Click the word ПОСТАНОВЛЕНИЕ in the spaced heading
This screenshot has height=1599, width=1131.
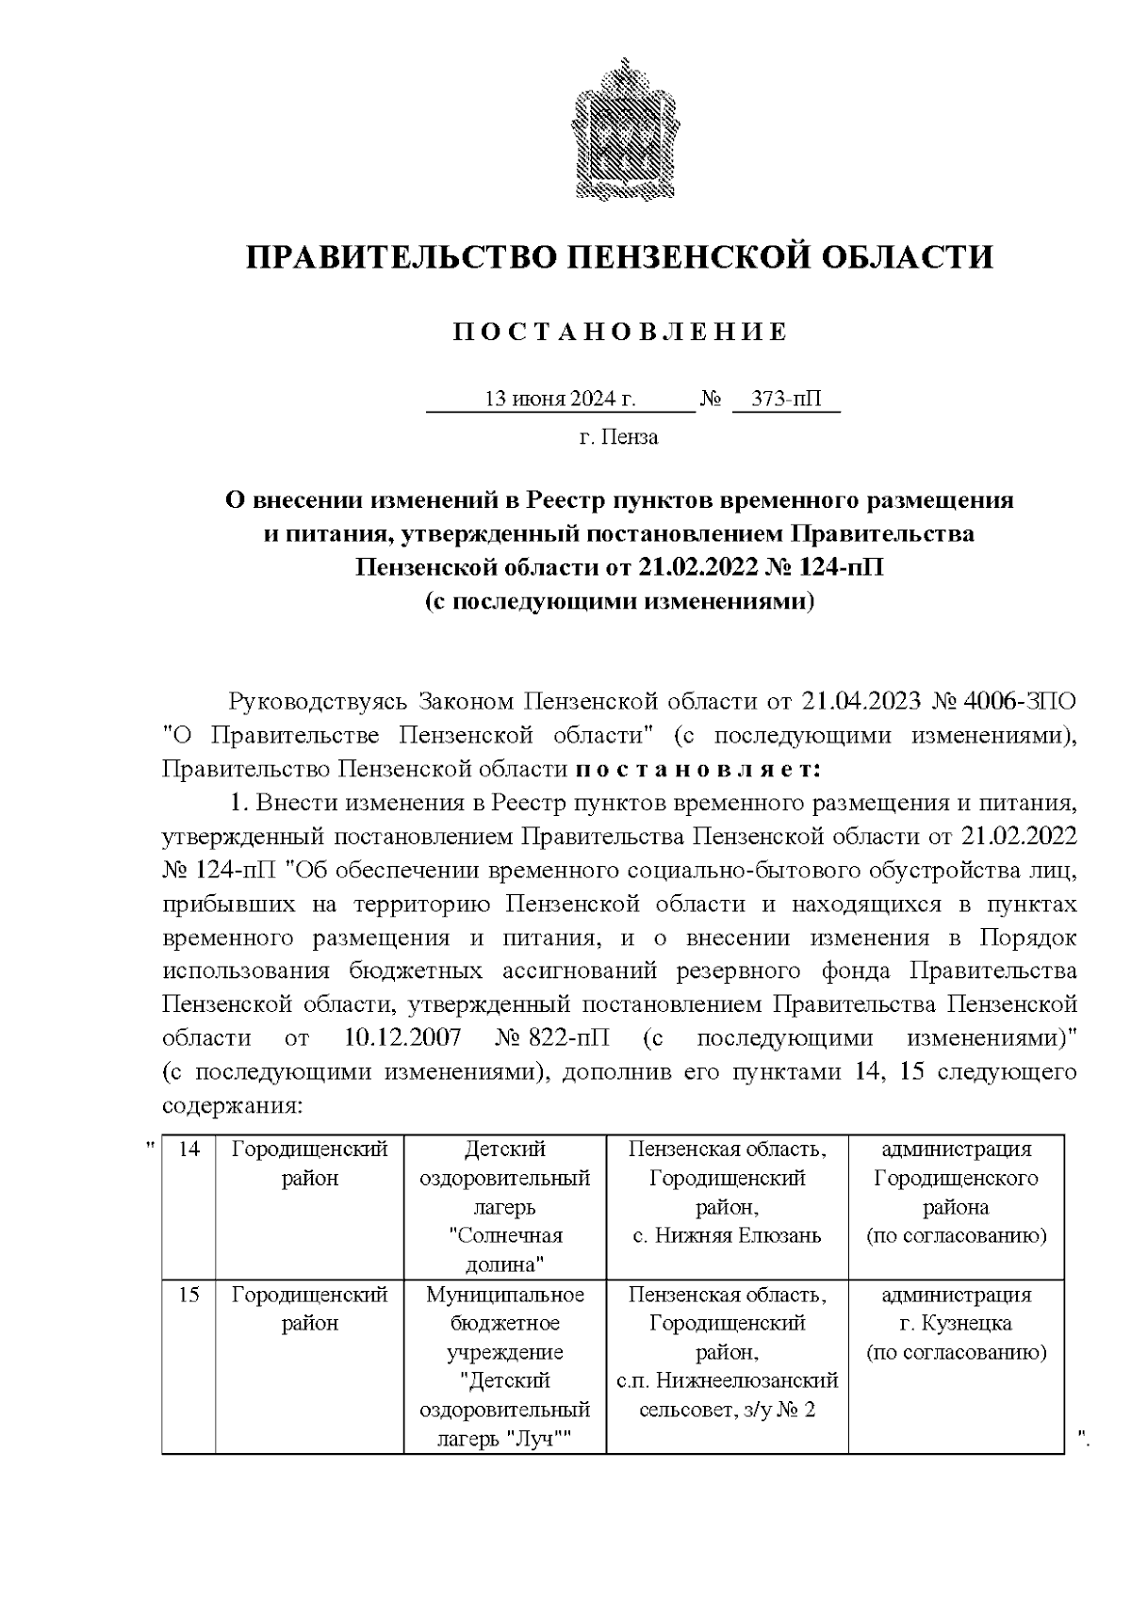620,333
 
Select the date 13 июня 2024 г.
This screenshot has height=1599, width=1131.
560,399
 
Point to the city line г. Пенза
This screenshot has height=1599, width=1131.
618,437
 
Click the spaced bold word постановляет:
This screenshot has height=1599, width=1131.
698,769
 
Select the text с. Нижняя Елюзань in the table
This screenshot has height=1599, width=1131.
727,1235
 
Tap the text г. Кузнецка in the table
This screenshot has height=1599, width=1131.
956,1324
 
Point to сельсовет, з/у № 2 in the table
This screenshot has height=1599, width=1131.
727,1411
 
